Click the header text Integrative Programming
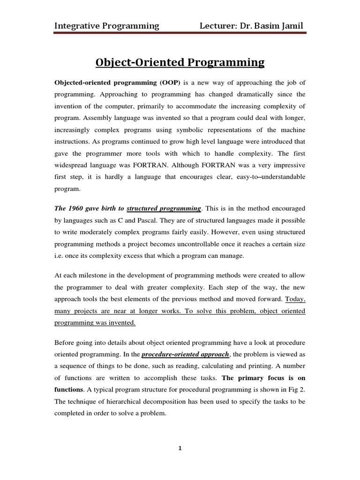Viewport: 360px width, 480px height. pyautogui.click(x=106, y=25)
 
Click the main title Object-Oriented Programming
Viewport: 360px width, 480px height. pyautogui.click(x=180, y=62)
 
